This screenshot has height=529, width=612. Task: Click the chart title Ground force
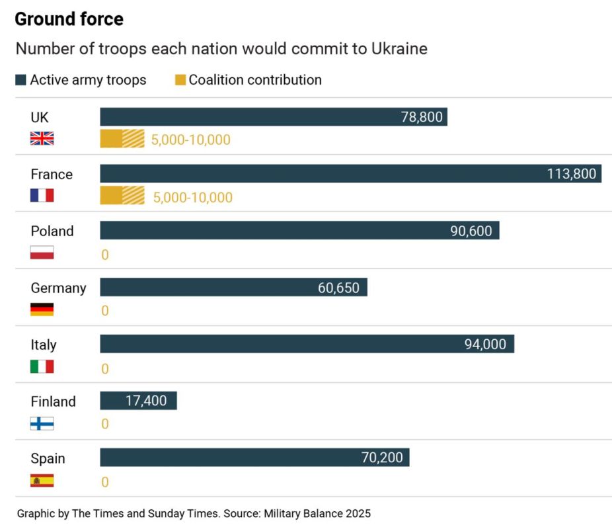click(x=69, y=19)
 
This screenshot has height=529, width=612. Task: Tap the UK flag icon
click(x=42, y=138)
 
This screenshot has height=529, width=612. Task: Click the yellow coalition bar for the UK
click(x=122, y=139)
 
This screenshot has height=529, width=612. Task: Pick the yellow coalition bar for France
click(x=122, y=196)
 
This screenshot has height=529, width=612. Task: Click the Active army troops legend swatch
click(x=21, y=80)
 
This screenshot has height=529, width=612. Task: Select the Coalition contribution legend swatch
click(x=180, y=80)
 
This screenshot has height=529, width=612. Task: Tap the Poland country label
click(x=52, y=231)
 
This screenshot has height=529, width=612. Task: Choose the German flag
click(x=42, y=309)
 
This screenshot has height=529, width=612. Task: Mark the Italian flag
click(x=42, y=366)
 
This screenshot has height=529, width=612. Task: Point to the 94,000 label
click(x=485, y=345)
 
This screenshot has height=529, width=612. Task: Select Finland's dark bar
click(x=138, y=401)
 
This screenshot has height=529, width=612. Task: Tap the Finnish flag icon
click(x=42, y=423)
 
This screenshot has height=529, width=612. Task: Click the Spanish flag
click(x=42, y=481)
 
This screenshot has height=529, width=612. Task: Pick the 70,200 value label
click(x=382, y=458)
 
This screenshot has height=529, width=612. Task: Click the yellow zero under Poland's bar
click(x=104, y=255)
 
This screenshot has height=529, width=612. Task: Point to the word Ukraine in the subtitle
click(x=399, y=49)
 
